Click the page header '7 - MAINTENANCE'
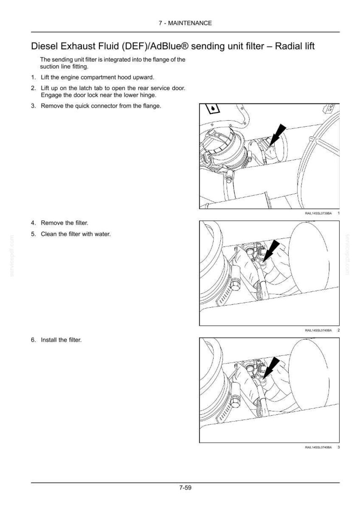[185, 23]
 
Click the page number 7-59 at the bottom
[185, 488]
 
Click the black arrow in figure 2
[270, 250]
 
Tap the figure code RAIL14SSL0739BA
[318, 213]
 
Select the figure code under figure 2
[318, 330]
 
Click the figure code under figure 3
[318, 447]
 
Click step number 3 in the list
[33, 106]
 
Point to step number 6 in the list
[33, 340]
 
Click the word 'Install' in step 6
[47, 340]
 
